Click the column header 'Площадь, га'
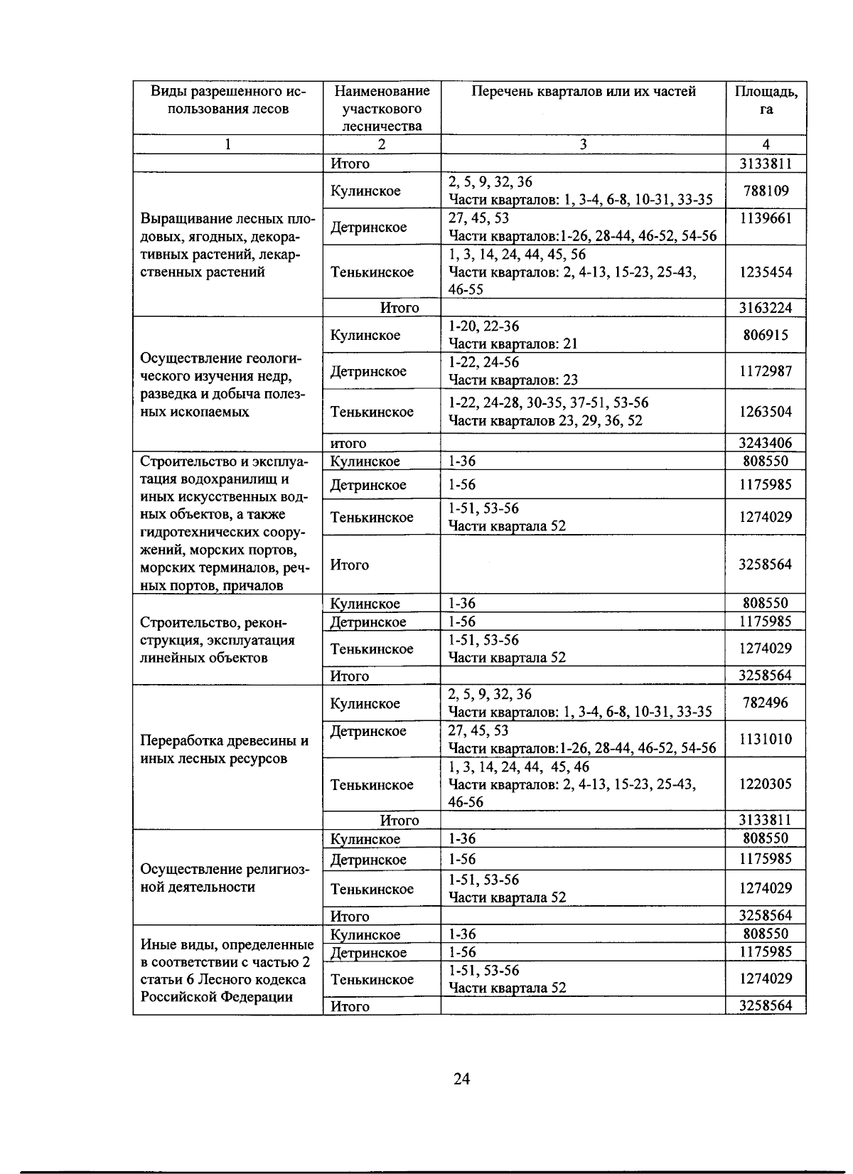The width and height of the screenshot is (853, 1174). point(766,100)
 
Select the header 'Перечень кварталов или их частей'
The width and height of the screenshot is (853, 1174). point(583,92)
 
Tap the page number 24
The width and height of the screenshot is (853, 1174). point(461,1079)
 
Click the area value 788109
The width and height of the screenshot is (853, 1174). point(766,191)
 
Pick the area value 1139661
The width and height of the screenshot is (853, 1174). point(766,218)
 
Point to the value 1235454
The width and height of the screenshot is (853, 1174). point(766,272)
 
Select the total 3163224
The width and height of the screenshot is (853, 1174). point(766,308)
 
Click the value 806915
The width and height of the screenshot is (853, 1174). point(766,335)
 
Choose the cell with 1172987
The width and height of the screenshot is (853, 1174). point(766,371)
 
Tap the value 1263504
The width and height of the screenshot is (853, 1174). point(766,412)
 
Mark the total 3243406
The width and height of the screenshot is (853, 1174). point(766,443)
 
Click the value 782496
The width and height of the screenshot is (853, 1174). point(766,703)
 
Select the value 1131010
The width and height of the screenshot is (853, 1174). point(766,739)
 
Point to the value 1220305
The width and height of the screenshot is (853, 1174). point(766,784)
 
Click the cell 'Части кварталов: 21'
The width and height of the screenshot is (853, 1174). point(513,344)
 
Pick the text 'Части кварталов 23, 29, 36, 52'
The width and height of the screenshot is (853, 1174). point(545,421)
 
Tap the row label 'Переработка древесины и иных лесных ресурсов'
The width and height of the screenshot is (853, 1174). point(225,749)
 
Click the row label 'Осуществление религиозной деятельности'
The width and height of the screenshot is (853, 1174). point(225,878)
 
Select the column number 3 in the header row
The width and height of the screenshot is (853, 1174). point(583,144)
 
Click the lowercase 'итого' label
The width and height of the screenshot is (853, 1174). point(348,444)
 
